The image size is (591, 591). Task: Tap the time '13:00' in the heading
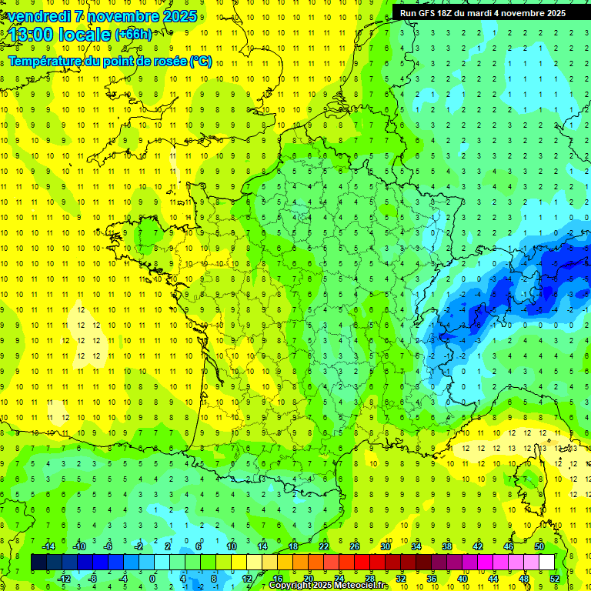(33, 35)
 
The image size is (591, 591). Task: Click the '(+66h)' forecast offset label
(133, 35)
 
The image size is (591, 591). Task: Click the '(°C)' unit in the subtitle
(200, 61)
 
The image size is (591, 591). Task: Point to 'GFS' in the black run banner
(431, 12)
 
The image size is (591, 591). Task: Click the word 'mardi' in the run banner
(484, 12)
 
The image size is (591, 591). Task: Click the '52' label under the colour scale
(554, 579)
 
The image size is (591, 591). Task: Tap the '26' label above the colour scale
(355, 546)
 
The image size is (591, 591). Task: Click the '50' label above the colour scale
(539, 546)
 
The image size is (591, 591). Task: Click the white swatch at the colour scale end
(546, 563)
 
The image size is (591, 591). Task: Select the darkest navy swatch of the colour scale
(38, 563)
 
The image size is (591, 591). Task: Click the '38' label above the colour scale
(446, 546)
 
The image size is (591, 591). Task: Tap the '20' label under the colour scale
(308, 579)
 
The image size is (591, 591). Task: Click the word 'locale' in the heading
(84, 35)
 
